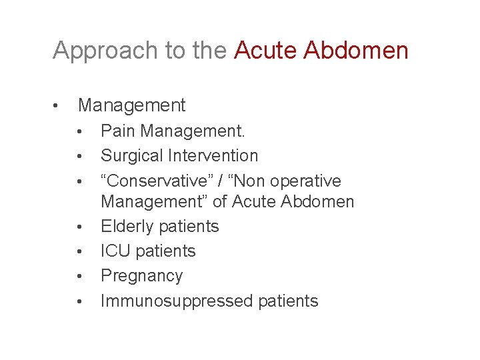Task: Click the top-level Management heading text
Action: pos(131,105)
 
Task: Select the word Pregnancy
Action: pos(141,276)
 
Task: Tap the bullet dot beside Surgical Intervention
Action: pos(79,157)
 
